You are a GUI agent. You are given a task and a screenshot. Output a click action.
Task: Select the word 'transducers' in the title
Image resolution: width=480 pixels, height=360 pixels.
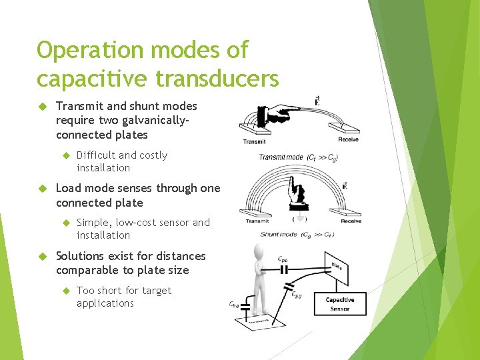pyautogui.click(x=217, y=78)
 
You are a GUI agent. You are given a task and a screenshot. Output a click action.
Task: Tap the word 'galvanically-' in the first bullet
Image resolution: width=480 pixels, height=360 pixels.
pyautogui.click(x=153, y=121)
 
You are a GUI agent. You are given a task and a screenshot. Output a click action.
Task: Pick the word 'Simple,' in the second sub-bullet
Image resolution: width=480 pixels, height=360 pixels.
pyautogui.click(x=94, y=223)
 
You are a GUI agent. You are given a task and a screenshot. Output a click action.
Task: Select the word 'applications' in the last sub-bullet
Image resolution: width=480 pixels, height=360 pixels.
pyautogui.click(x=105, y=303)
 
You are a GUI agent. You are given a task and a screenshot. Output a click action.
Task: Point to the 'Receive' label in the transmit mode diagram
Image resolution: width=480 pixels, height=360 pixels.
pyautogui.click(x=348, y=140)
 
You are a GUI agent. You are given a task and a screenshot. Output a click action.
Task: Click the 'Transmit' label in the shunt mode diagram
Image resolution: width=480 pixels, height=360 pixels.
pyautogui.click(x=258, y=221)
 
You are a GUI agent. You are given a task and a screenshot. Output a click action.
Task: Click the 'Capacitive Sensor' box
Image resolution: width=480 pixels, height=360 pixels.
pyautogui.click(x=340, y=305)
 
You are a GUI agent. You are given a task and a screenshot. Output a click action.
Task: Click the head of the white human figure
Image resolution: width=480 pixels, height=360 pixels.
pyautogui.click(x=259, y=251)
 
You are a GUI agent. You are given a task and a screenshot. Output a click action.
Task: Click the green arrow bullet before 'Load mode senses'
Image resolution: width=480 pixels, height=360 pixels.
pyautogui.click(x=41, y=189)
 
